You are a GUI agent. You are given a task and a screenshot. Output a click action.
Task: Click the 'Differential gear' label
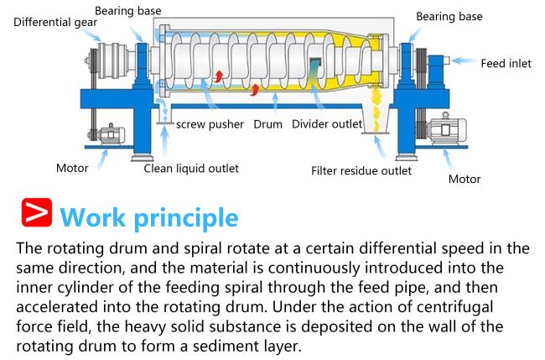[55, 23]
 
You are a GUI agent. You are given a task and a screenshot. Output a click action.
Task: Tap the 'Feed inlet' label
[506, 63]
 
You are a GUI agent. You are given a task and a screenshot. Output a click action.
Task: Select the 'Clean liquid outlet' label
[191, 169]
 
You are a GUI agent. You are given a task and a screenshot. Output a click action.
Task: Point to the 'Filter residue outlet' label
[361, 171]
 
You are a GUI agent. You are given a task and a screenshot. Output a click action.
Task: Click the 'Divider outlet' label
[327, 124]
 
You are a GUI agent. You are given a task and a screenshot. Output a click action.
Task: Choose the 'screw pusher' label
[210, 124]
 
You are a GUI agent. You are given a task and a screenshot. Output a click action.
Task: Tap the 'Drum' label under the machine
[267, 124]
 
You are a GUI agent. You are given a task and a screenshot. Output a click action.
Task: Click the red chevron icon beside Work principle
[37, 212]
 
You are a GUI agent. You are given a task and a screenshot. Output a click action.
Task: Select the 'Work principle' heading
[149, 218]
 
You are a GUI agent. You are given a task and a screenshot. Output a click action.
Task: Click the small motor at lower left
[111, 134]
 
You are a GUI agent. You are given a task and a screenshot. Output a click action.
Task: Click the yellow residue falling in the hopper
[376, 110]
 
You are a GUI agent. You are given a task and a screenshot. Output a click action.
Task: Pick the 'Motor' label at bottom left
[72, 169]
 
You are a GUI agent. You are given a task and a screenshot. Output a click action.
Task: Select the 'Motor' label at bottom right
[465, 179]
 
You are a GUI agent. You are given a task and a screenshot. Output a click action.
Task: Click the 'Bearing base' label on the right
[449, 17]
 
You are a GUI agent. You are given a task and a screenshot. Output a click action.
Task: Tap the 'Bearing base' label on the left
[128, 11]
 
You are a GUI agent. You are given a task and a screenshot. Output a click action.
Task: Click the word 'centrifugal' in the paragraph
[454, 307]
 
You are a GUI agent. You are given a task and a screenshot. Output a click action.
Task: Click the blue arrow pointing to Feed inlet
[465, 60]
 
